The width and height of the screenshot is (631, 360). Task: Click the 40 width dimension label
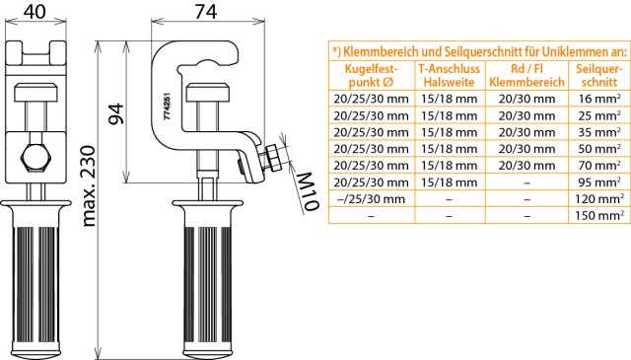[x=35, y=11]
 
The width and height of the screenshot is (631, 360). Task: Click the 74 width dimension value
[x=206, y=11]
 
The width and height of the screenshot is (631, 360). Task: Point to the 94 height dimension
[x=117, y=113]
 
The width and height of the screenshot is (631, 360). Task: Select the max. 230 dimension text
[x=89, y=186]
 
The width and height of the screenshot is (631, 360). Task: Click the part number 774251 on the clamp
[x=168, y=106]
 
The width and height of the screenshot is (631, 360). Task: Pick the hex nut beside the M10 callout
[x=275, y=158]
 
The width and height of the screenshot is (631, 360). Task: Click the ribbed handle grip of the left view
[x=35, y=283]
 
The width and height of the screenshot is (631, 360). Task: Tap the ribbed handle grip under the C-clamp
[x=208, y=283]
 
